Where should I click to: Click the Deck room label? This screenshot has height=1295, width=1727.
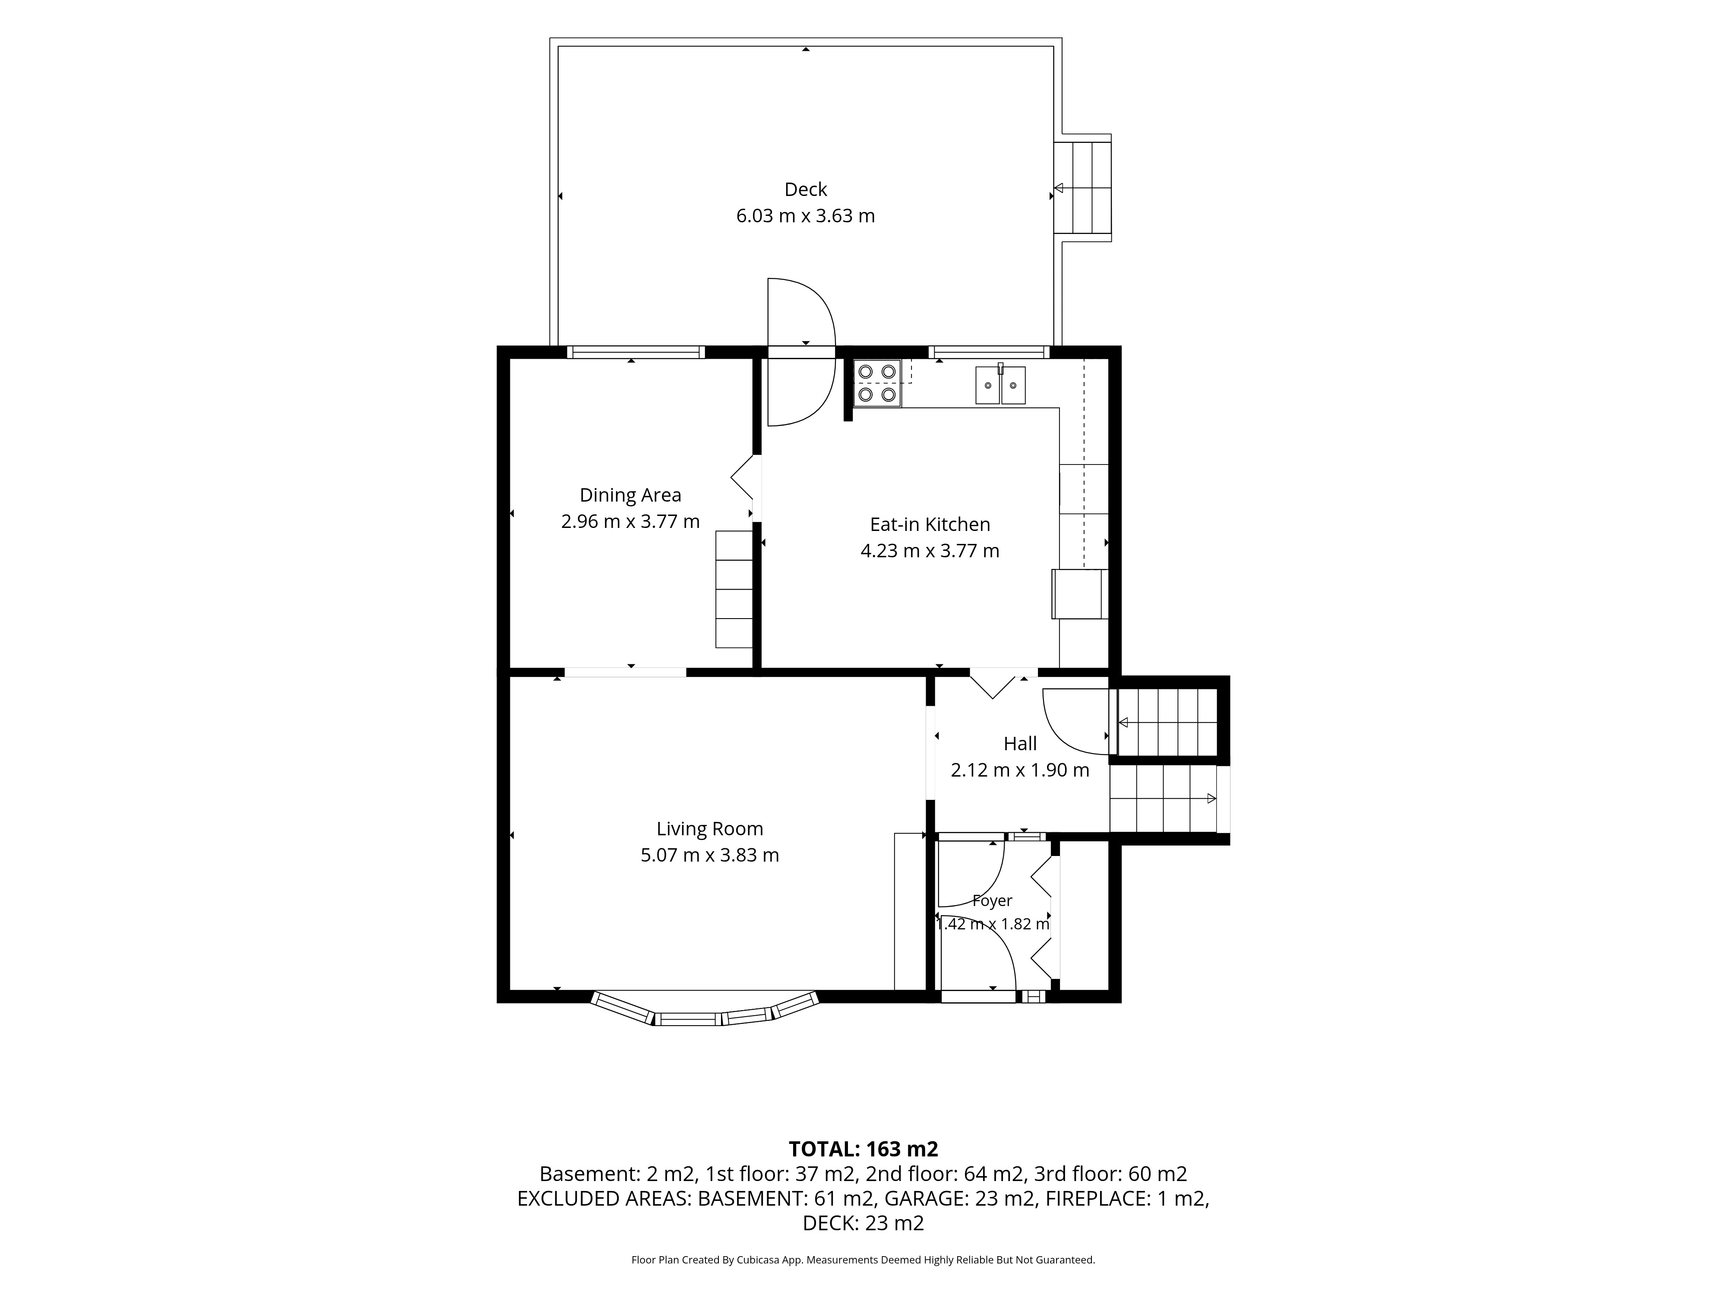tap(806, 190)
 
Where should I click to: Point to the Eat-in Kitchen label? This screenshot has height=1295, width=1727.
tap(930, 524)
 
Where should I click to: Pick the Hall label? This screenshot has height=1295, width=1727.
tap(1020, 744)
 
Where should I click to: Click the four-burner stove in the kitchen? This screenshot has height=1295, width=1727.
tap(877, 383)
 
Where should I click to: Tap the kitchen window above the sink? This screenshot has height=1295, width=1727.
tap(988, 352)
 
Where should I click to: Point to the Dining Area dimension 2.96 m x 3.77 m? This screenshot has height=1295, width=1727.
tap(630, 521)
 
